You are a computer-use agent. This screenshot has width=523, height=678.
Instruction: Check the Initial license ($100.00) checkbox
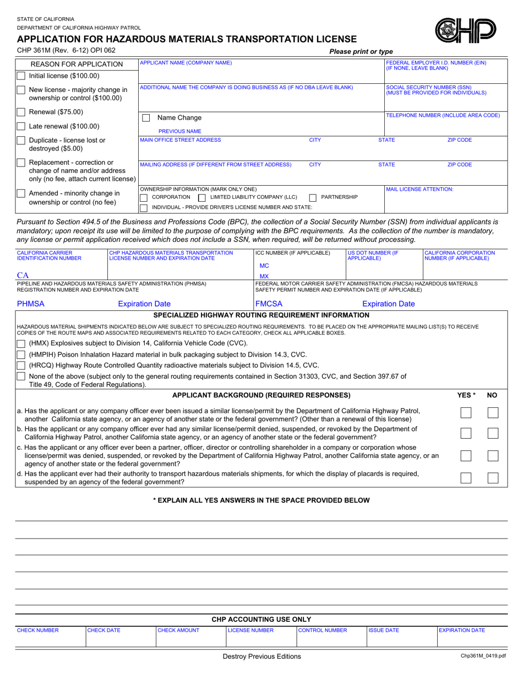tap(20, 76)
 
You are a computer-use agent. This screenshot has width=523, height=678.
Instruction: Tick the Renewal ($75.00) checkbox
tap(20, 112)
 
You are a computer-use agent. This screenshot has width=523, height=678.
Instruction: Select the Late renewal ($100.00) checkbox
tap(20, 126)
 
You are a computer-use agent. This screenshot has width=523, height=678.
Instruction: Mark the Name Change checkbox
tap(146, 118)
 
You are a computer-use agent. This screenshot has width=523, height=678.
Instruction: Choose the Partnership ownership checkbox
tap(313, 197)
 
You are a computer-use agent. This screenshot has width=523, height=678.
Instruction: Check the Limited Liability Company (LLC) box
tap(201, 197)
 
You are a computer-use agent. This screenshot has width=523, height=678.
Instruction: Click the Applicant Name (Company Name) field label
tap(186, 63)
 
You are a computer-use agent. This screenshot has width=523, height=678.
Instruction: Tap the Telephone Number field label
tap(443, 115)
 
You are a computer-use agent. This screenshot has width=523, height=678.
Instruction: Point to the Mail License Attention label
tap(420, 189)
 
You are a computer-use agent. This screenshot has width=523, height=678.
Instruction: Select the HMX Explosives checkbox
tap(21, 343)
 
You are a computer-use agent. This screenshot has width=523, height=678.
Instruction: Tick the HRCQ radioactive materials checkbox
tap(21, 365)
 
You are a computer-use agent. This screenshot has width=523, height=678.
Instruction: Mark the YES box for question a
tap(466, 413)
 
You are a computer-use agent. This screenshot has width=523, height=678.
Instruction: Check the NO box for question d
tap(493, 478)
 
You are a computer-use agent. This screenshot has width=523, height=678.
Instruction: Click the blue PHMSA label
tap(31, 304)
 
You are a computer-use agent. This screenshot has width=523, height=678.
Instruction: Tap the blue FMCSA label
tap(269, 304)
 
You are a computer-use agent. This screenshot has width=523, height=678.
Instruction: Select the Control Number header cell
tap(323, 630)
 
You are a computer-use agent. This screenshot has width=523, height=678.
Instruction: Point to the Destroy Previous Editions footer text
tap(261, 657)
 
